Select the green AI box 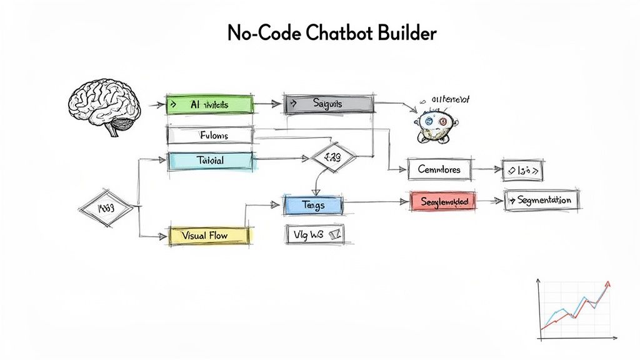pyautogui.click(x=210, y=104)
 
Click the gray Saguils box pyautogui.click(x=329, y=104)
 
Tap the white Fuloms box pyautogui.click(x=210, y=135)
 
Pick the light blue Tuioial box pyautogui.click(x=210, y=161)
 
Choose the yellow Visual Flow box pyautogui.click(x=209, y=236)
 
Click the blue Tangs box pyautogui.click(x=312, y=205)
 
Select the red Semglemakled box pyautogui.click(x=443, y=201)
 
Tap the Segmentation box pyautogui.click(x=542, y=200)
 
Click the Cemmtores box pyautogui.click(x=439, y=169)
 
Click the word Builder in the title pyautogui.click(x=406, y=33)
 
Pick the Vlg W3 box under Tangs pyautogui.click(x=314, y=234)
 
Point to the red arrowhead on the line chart pyautogui.click(x=608, y=284)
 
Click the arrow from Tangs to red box pyautogui.click(x=375, y=202)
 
